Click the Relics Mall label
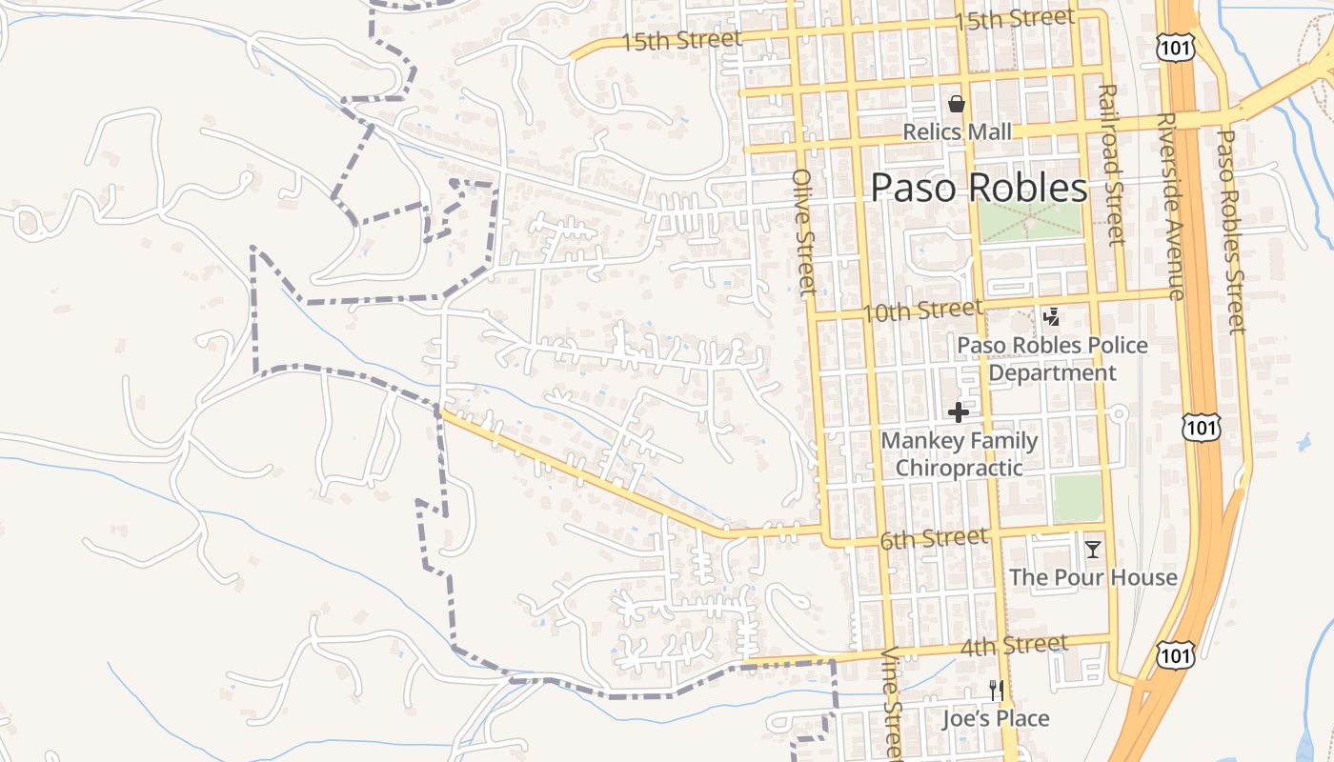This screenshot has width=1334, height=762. tap(957, 132)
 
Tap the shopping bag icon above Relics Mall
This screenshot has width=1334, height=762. tap(957, 104)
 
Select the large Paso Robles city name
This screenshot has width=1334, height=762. tap(979, 188)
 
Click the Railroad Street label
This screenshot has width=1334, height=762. tap(1111, 164)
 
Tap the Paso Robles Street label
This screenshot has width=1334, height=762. tap(1230, 231)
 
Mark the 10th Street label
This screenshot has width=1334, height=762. tap(922, 311)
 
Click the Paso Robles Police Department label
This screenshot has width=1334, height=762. tap(1052, 358)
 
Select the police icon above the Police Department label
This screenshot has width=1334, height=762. tap(1052, 317)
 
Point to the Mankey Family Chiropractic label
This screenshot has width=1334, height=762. tap(959, 454)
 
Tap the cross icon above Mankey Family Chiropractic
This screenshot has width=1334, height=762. tap(959, 412)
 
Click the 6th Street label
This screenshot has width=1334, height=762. tap(934, 539)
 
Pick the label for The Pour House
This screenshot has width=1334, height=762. tap(1093, 577)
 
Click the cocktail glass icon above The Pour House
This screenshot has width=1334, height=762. tap(1093, 550)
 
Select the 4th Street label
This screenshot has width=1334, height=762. tap(1014, 647)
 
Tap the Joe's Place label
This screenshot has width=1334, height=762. tap(996, 718)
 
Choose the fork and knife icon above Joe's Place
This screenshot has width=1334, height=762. tap(997, 691)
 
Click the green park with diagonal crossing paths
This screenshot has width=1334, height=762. tap(1031, 221)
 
